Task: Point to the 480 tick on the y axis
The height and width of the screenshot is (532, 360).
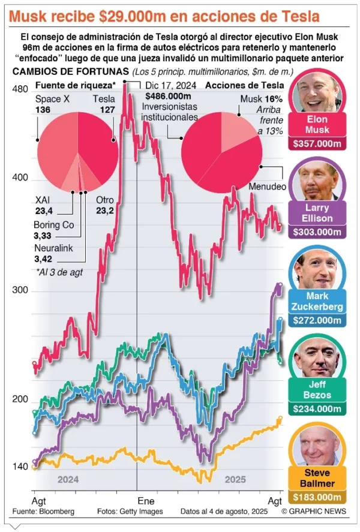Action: point(20,89)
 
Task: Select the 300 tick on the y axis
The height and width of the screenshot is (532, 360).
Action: point(20,290)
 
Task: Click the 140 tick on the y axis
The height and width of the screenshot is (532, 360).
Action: point(20,467)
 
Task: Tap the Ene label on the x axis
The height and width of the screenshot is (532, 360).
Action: point(146,500)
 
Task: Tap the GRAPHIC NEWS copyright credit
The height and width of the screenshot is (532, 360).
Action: point(318,512)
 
